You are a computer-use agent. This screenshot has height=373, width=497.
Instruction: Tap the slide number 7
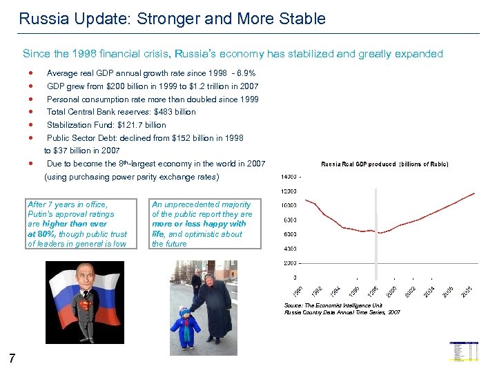point(12,358)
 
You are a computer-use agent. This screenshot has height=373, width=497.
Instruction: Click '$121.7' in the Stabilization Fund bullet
point(130,125)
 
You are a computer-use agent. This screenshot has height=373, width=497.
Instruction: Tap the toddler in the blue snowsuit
point(186,325)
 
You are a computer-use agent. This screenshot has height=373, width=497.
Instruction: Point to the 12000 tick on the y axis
point(289,191)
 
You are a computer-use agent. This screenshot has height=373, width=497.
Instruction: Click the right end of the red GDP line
point(474,193)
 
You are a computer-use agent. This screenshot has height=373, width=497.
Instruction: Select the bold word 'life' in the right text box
point(158,234)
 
